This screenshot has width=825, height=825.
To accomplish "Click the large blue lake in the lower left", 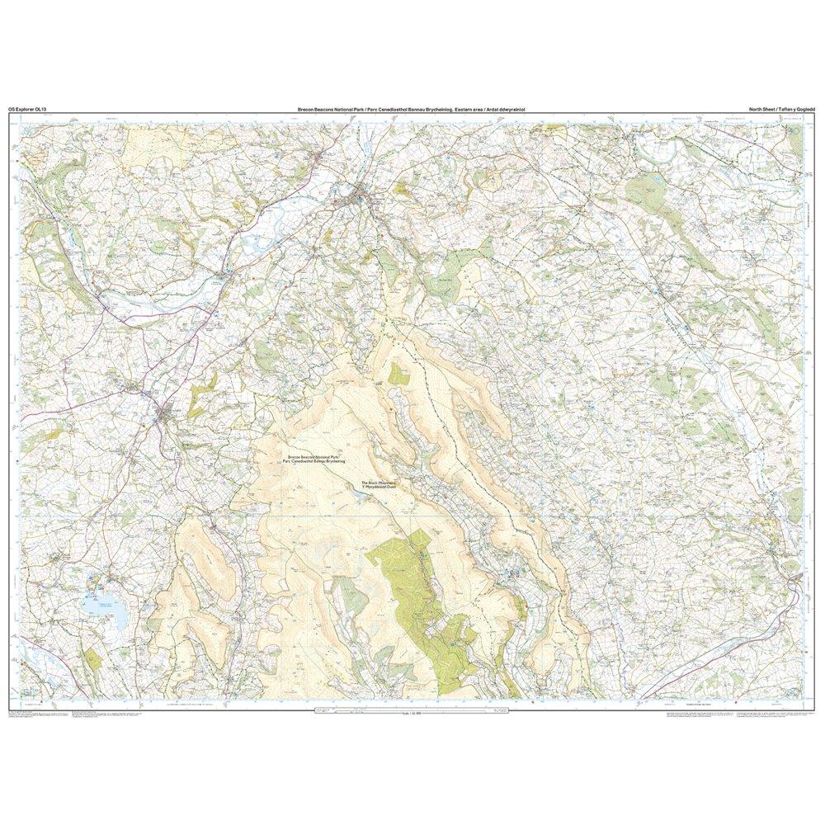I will coord(106,611).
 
